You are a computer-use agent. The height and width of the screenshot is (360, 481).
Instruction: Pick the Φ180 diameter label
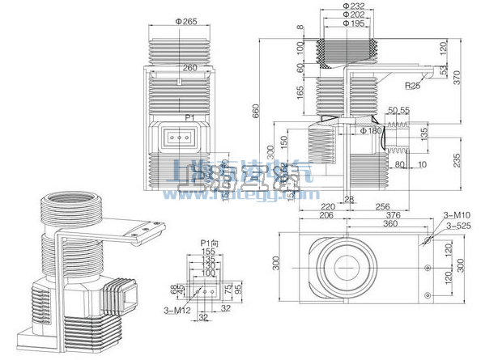(372, 130)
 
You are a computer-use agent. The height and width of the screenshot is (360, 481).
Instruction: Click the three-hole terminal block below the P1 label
(179, 138)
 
